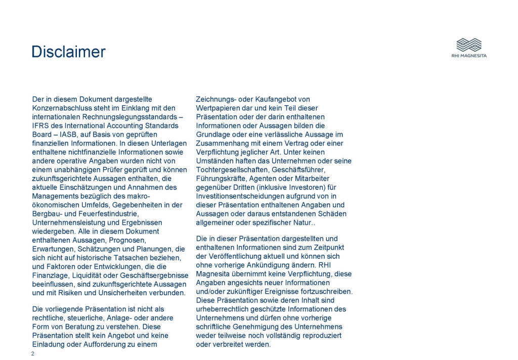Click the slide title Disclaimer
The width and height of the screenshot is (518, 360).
(68, 52)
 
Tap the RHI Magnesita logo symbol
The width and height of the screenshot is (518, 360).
(468, 44)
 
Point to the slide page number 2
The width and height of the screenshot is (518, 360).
(33, 353)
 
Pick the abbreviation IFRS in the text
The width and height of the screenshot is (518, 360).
(41, 125)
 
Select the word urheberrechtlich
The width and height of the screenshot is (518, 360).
(225, 309)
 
